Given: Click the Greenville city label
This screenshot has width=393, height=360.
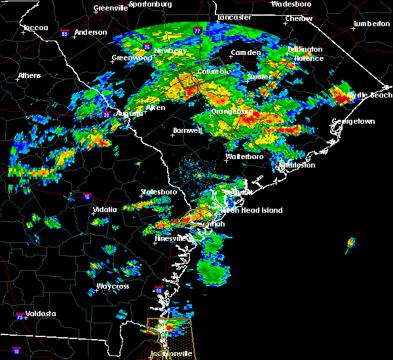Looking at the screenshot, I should [x=110, y=9].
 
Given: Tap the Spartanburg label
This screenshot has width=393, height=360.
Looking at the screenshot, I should [x=150, y=4].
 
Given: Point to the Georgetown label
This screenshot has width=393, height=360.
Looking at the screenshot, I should [x=353, y=122].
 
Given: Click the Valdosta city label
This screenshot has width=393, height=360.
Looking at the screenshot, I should [x=41, y=314].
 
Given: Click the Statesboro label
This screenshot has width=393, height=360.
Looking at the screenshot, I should [x=159, y=192].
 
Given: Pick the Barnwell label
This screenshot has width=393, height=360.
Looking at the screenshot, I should [x=187, y=130].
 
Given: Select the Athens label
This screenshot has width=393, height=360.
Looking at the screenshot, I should [x=29, y=75].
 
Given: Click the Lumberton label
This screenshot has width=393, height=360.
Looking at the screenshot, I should [x=371, y=24].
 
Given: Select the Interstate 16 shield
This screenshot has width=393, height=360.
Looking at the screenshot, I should [x=87, y=196].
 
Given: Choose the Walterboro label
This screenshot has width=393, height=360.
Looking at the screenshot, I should [x=244, y=157].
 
